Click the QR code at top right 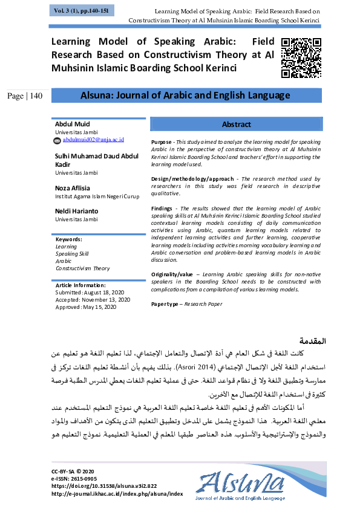pos(301,57)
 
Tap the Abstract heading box pos(236,124)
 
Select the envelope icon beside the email pos(57,140)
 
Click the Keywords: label pos(68,239)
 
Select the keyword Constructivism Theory pos(83,268)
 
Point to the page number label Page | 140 pos(25,96)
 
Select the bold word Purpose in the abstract pos(162,140)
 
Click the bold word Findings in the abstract pos(162,207)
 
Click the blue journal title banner pos(185,96)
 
